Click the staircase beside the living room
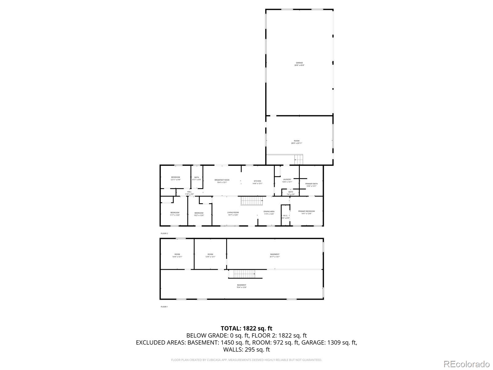point(251,201)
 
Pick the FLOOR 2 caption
point(164,233)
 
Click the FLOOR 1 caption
point(164,307)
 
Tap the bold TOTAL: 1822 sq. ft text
point(246,328)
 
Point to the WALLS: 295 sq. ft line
point(246,350)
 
